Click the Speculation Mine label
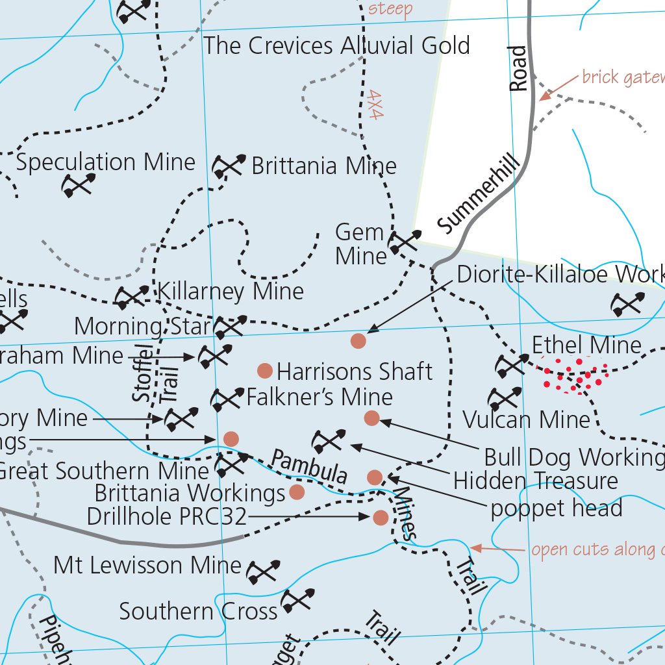point(105,162)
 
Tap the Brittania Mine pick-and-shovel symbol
point(229,166)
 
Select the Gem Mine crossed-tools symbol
point(404,242)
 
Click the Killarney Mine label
point(231,292)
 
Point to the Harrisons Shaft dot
point(264,371)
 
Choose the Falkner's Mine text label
point(320,397)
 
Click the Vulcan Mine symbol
point(505,398)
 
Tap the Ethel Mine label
point(586,345)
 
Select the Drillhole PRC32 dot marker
point(381,518)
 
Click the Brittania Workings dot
point(296,492)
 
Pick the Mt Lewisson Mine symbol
point(263,571)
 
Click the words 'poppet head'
point(557,507)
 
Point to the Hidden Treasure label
point(535,481)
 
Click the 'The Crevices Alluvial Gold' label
point(336,46)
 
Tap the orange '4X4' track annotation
point(374,104)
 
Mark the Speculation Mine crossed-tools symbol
point(79,185)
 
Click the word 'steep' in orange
point(390,9)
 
